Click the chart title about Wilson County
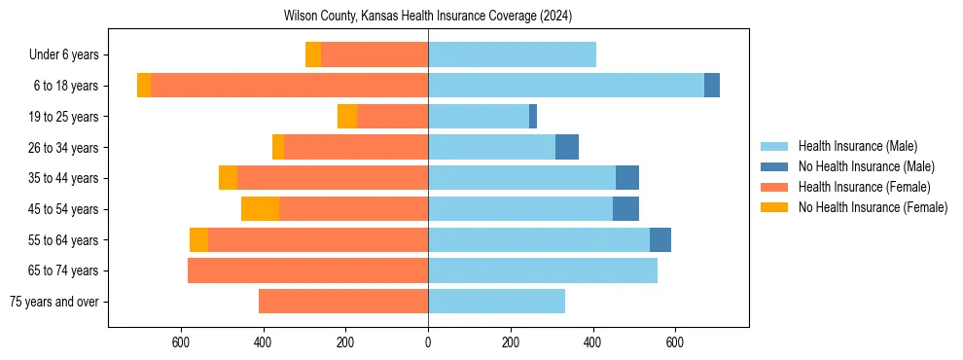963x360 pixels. click(428, 17)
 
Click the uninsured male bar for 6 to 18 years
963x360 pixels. click(712, 86)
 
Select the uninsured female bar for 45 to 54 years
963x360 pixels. click(260, 209)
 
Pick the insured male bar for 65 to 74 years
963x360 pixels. click(543, 270)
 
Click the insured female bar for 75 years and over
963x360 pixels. click(343, 302)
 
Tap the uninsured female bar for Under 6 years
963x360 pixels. click(313, 55)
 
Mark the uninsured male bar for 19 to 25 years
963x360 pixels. click(533, 117)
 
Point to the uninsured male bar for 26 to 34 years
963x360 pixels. click(567, 148)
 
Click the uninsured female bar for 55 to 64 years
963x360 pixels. click(198, 240)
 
